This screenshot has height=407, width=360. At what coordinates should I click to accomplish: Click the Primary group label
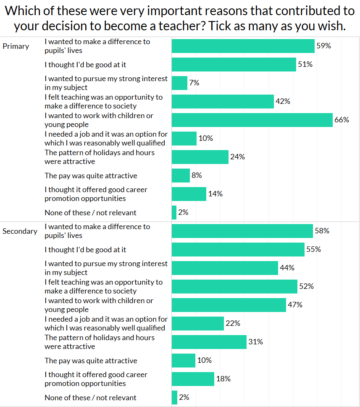tap(16, 46)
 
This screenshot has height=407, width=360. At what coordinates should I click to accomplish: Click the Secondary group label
tap(20, 231)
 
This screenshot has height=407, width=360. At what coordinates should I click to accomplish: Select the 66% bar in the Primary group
tap(252, 120)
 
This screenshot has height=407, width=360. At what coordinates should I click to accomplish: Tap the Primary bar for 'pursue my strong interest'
tap(179, 83)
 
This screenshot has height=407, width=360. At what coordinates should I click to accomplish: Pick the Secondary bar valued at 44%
tap(225, 268)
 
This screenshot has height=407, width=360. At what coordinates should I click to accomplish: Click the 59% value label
tap(323, 46)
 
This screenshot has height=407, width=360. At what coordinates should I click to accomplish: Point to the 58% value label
tap(322, 231)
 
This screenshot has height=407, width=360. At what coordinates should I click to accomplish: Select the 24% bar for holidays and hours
tap(200, 157)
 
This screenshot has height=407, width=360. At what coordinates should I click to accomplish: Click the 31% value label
tap(255, 342)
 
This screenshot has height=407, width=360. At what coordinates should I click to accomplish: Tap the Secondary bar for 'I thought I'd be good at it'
tap(238, 249)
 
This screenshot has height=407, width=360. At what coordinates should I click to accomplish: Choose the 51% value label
tap(305, 64)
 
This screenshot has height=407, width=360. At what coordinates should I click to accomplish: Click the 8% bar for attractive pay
tap(181, 175)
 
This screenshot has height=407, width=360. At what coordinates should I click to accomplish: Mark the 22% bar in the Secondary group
tap(198, 323)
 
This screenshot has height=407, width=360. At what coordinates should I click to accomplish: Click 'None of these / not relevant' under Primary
tap(90, 213)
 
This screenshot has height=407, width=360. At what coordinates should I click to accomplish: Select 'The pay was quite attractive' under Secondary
tap(91, 361)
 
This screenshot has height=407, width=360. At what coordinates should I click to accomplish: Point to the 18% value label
tap(223, 379)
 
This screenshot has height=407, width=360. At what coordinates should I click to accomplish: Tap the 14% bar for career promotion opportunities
tap(189, 194)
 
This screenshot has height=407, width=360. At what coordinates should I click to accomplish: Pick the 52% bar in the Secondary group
tap(234, 286)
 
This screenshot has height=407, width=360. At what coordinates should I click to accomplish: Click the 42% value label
tap(283, 101)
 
